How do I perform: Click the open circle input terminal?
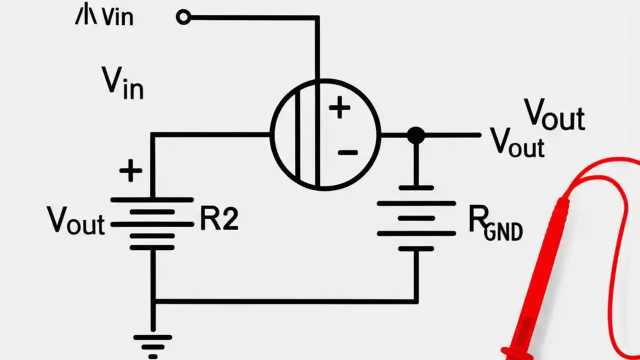[x=183, y=17]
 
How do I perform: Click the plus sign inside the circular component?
[x=339, y=108]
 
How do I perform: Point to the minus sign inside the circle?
[x=347, y=152]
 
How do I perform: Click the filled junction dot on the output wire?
[x=415, y=135]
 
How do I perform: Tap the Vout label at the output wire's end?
[x=517, y=142]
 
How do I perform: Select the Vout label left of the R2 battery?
[x=76, y=220]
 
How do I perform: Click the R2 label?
[x=219, y=219]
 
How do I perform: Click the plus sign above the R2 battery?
[x=130, y=171]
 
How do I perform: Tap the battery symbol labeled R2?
[x=152, y=223]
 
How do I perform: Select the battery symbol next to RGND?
[x=416, y=218]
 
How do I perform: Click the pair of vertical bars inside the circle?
[x=306, y=135]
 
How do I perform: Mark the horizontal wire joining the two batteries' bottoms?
[x=285, y=301]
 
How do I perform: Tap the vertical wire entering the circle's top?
[x=317, y=50]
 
